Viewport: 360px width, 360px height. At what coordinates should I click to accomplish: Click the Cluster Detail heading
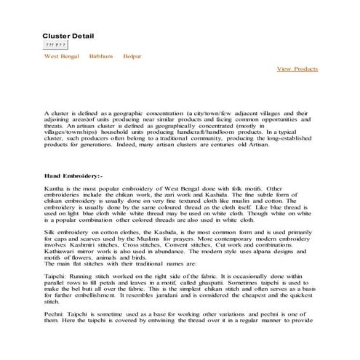click(x=68, y=36)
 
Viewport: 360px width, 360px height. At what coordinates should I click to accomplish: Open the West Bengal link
click(x=60, y=56)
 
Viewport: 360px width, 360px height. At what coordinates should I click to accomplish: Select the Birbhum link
click(x=100, y=56)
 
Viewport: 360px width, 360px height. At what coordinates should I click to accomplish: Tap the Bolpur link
click(x=132, y=56)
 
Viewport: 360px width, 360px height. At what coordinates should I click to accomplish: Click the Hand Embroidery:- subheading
click(x=73, y=177)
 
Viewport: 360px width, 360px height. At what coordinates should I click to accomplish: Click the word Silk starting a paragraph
click(x=49, y=231)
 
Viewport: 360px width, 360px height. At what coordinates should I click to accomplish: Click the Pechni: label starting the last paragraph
click(x=56, y=327)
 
